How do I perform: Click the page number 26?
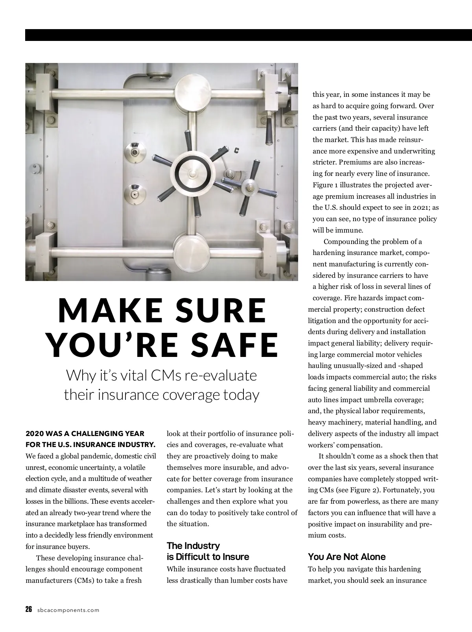coord(28,610)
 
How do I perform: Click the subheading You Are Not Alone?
coord(347,556)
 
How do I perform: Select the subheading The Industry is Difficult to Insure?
coord(208,551)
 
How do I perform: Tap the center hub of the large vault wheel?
coord(192,173)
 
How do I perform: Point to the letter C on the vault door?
coord(236,150)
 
